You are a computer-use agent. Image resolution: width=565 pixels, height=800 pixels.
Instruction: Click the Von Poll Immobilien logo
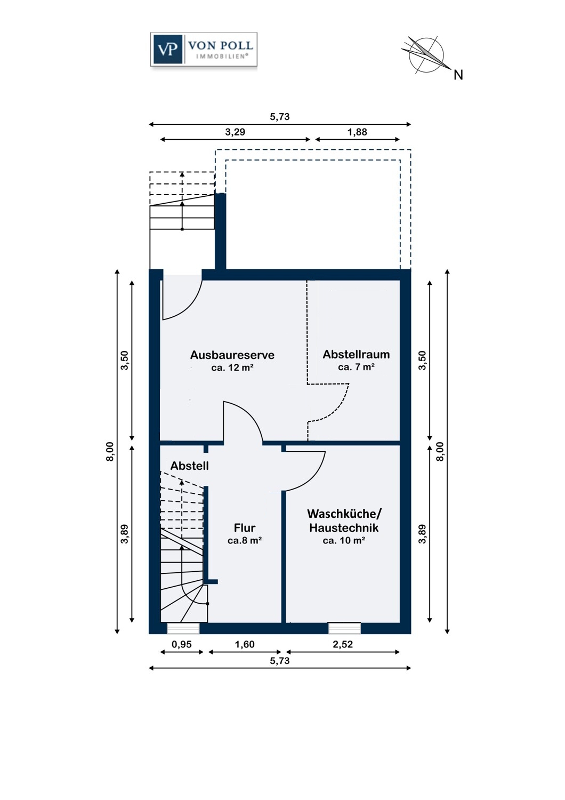click(x=204, y=49)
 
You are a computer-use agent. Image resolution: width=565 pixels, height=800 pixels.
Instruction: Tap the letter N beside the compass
click(x=458, y=75)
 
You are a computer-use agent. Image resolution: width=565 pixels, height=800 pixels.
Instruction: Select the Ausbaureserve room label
click(x=232, y=355)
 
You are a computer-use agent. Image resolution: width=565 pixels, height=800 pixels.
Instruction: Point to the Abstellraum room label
click(x=356, y=354)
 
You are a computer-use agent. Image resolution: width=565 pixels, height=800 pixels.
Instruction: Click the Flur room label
click(x=245, y=527)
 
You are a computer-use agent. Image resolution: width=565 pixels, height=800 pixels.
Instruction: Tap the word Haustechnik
click(x=344, y=527)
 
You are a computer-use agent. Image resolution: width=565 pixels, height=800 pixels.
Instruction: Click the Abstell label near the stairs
click(x=190, y=466)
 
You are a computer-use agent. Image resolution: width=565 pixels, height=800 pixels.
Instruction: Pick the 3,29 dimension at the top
click(x=235, y=132)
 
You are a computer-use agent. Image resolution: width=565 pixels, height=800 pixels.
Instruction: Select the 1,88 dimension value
click(x=357, y=132)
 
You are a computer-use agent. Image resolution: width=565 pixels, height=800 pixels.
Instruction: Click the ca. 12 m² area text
click(x=232, y=367)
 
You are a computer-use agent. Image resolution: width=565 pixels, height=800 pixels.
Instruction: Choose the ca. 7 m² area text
click(x=356, y=367)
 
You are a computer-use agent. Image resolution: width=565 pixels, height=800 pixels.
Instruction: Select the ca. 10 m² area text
click(x=344, y=540)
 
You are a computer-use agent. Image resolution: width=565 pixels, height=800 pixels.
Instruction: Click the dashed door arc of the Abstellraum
click(x=339, y=407)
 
